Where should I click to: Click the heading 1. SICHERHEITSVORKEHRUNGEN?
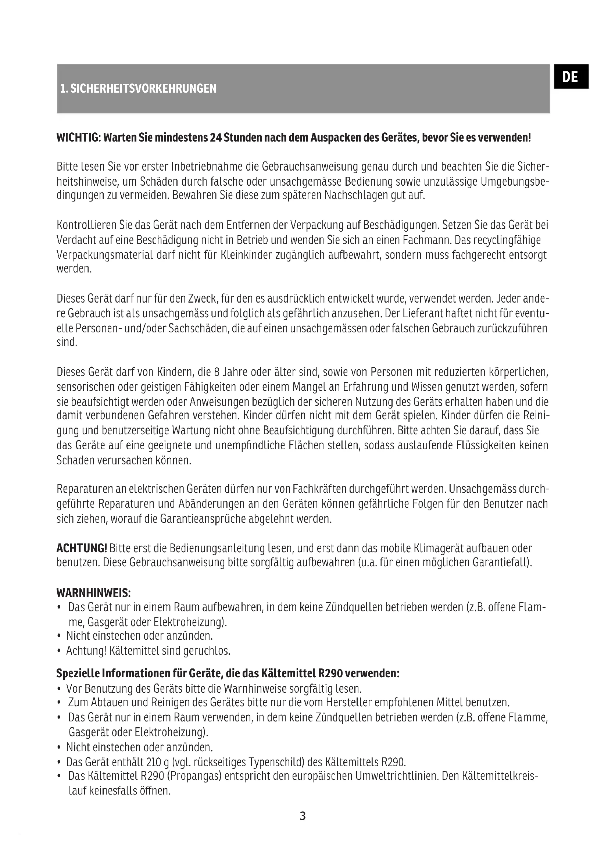[139, 89]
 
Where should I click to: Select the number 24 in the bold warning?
[216, 138]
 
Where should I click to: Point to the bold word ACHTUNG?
[82, 548]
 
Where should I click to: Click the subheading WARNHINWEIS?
[93, 593]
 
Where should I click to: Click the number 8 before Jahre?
[217, 372]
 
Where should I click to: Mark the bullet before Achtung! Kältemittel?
[59, 652]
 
